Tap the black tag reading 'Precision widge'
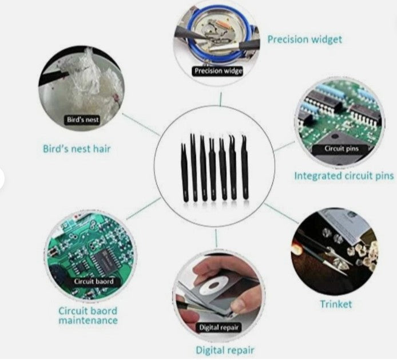pyautogui.click(x=217, y=71)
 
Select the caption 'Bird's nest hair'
pyautogui.click(x=77, y=149)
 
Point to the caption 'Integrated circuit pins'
pyautogui.click(x=344, y=176)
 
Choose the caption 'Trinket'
pyautogui.click(x=336, y=304)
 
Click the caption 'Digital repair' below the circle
pyautogui.click(x=225, y=350)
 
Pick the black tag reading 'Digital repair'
pyautogui.click(x=219, y=327)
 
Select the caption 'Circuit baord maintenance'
pyautogui.click(x=88, y=315)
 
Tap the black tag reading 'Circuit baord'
pyautogui.click(x=94, y=282)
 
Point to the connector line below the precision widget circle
pyautogui.click(x=219, y=100)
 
